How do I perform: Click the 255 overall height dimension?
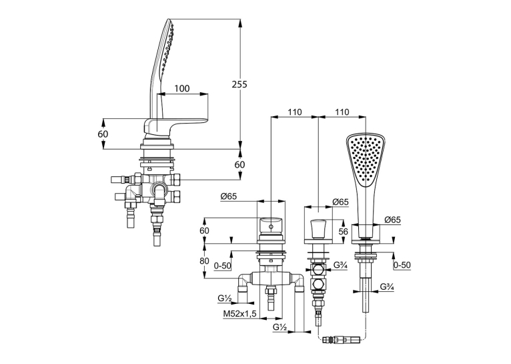[x=239, y=84]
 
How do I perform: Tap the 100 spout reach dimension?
[x=182, y=88]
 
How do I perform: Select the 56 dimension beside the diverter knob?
[x=343, y=232]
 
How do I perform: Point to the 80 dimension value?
[x=204, y=261]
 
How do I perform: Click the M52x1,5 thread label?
[x=240, y=314]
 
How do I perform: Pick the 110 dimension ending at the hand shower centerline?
[x=342, y=112]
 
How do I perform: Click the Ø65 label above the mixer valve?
[x=228, y=196]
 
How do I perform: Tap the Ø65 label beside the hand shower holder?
[x=392, y=220]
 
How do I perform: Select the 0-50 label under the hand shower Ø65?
[x=402, y=265]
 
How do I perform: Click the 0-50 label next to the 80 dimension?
[x=223, y=266]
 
